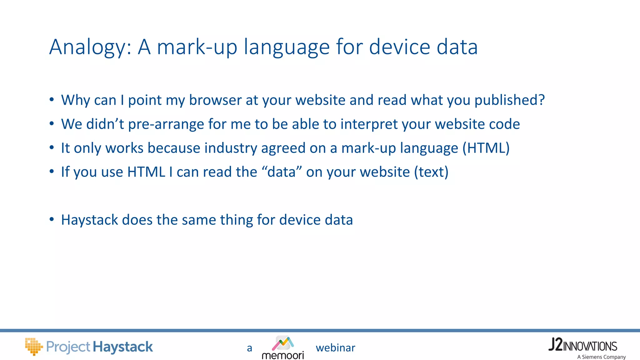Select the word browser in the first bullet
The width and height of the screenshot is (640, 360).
215,100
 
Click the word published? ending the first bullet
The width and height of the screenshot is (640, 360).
509,100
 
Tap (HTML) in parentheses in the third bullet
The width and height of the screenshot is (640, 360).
486,148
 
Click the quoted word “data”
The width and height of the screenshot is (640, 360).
282,172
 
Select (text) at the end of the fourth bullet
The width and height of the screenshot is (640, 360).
431,172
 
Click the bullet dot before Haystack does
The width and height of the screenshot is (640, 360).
52,219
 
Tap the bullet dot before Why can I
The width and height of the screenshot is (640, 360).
52,99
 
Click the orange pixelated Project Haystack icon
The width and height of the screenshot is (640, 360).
33,346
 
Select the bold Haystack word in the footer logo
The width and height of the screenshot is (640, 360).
123,347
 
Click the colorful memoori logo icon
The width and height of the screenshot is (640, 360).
282,343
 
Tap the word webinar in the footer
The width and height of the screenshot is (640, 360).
335,348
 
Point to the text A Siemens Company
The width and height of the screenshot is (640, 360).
601,357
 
